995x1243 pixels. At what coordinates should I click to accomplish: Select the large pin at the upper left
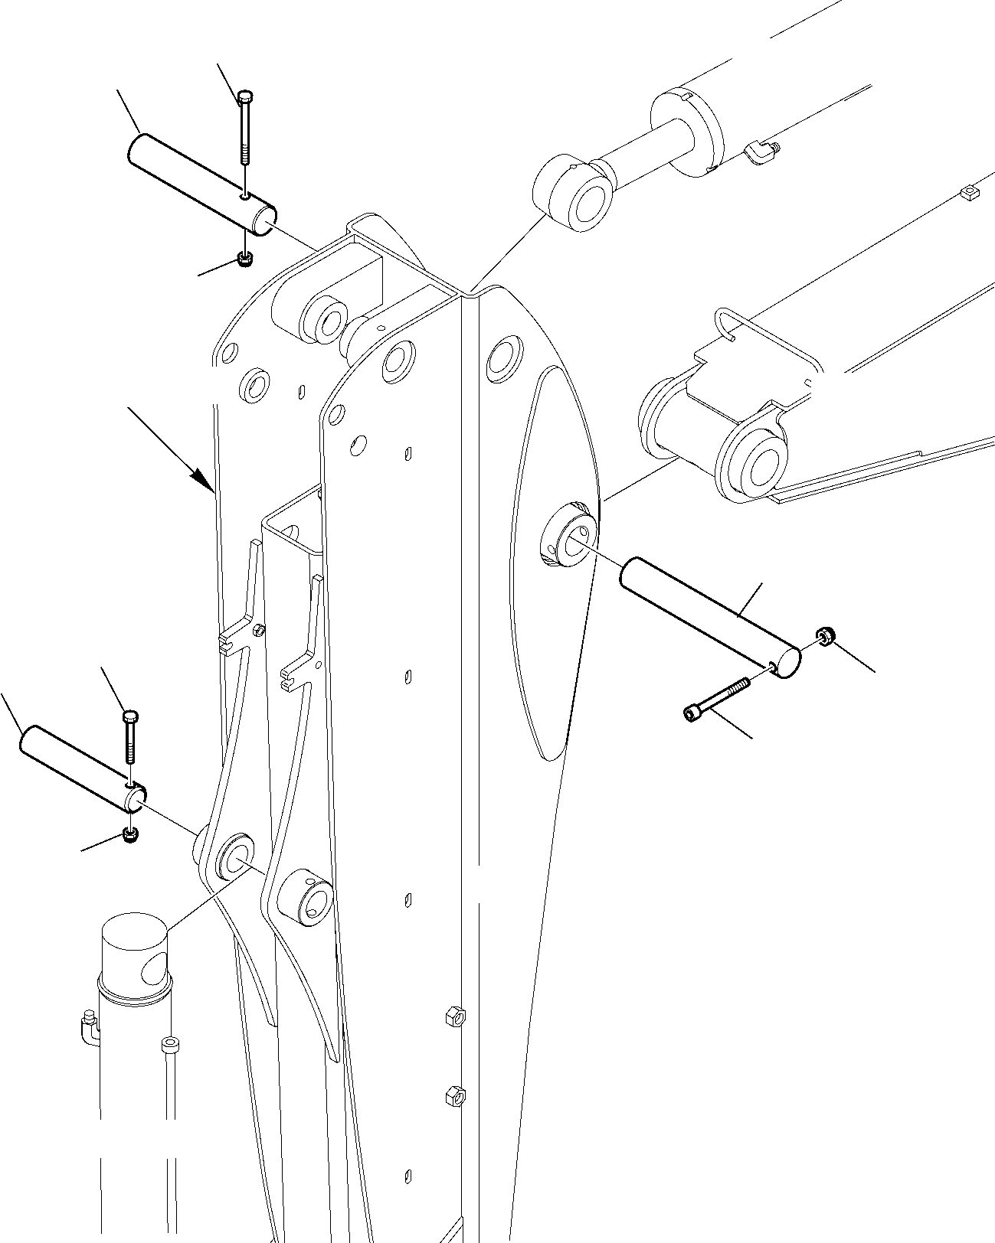coord(201,181)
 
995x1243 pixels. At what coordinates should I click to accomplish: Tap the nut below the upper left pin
coord(244,259)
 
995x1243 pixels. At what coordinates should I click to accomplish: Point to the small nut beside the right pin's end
coord(825,635)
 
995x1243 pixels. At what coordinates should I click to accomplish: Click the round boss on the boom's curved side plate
coord(571,533)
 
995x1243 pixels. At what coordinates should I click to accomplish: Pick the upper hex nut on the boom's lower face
coord(452,1016)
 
